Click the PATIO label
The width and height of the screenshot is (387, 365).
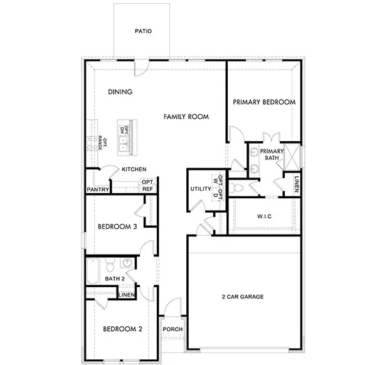point(144,31)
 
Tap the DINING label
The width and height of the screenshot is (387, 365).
point(120,92)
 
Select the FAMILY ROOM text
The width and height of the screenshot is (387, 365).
point(186,117)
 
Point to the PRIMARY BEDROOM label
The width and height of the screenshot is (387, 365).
point(264,102)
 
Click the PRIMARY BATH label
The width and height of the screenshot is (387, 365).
point(272,154)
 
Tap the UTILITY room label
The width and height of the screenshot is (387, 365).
point(200,189)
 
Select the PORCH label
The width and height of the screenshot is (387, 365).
point(172,329)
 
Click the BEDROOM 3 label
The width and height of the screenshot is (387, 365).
point(117,226)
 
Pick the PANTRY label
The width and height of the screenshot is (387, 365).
point(98,189)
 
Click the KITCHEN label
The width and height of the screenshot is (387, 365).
point(134,169)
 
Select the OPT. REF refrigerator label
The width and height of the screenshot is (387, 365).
point(148,185)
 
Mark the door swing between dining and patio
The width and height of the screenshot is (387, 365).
point(144,65)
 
